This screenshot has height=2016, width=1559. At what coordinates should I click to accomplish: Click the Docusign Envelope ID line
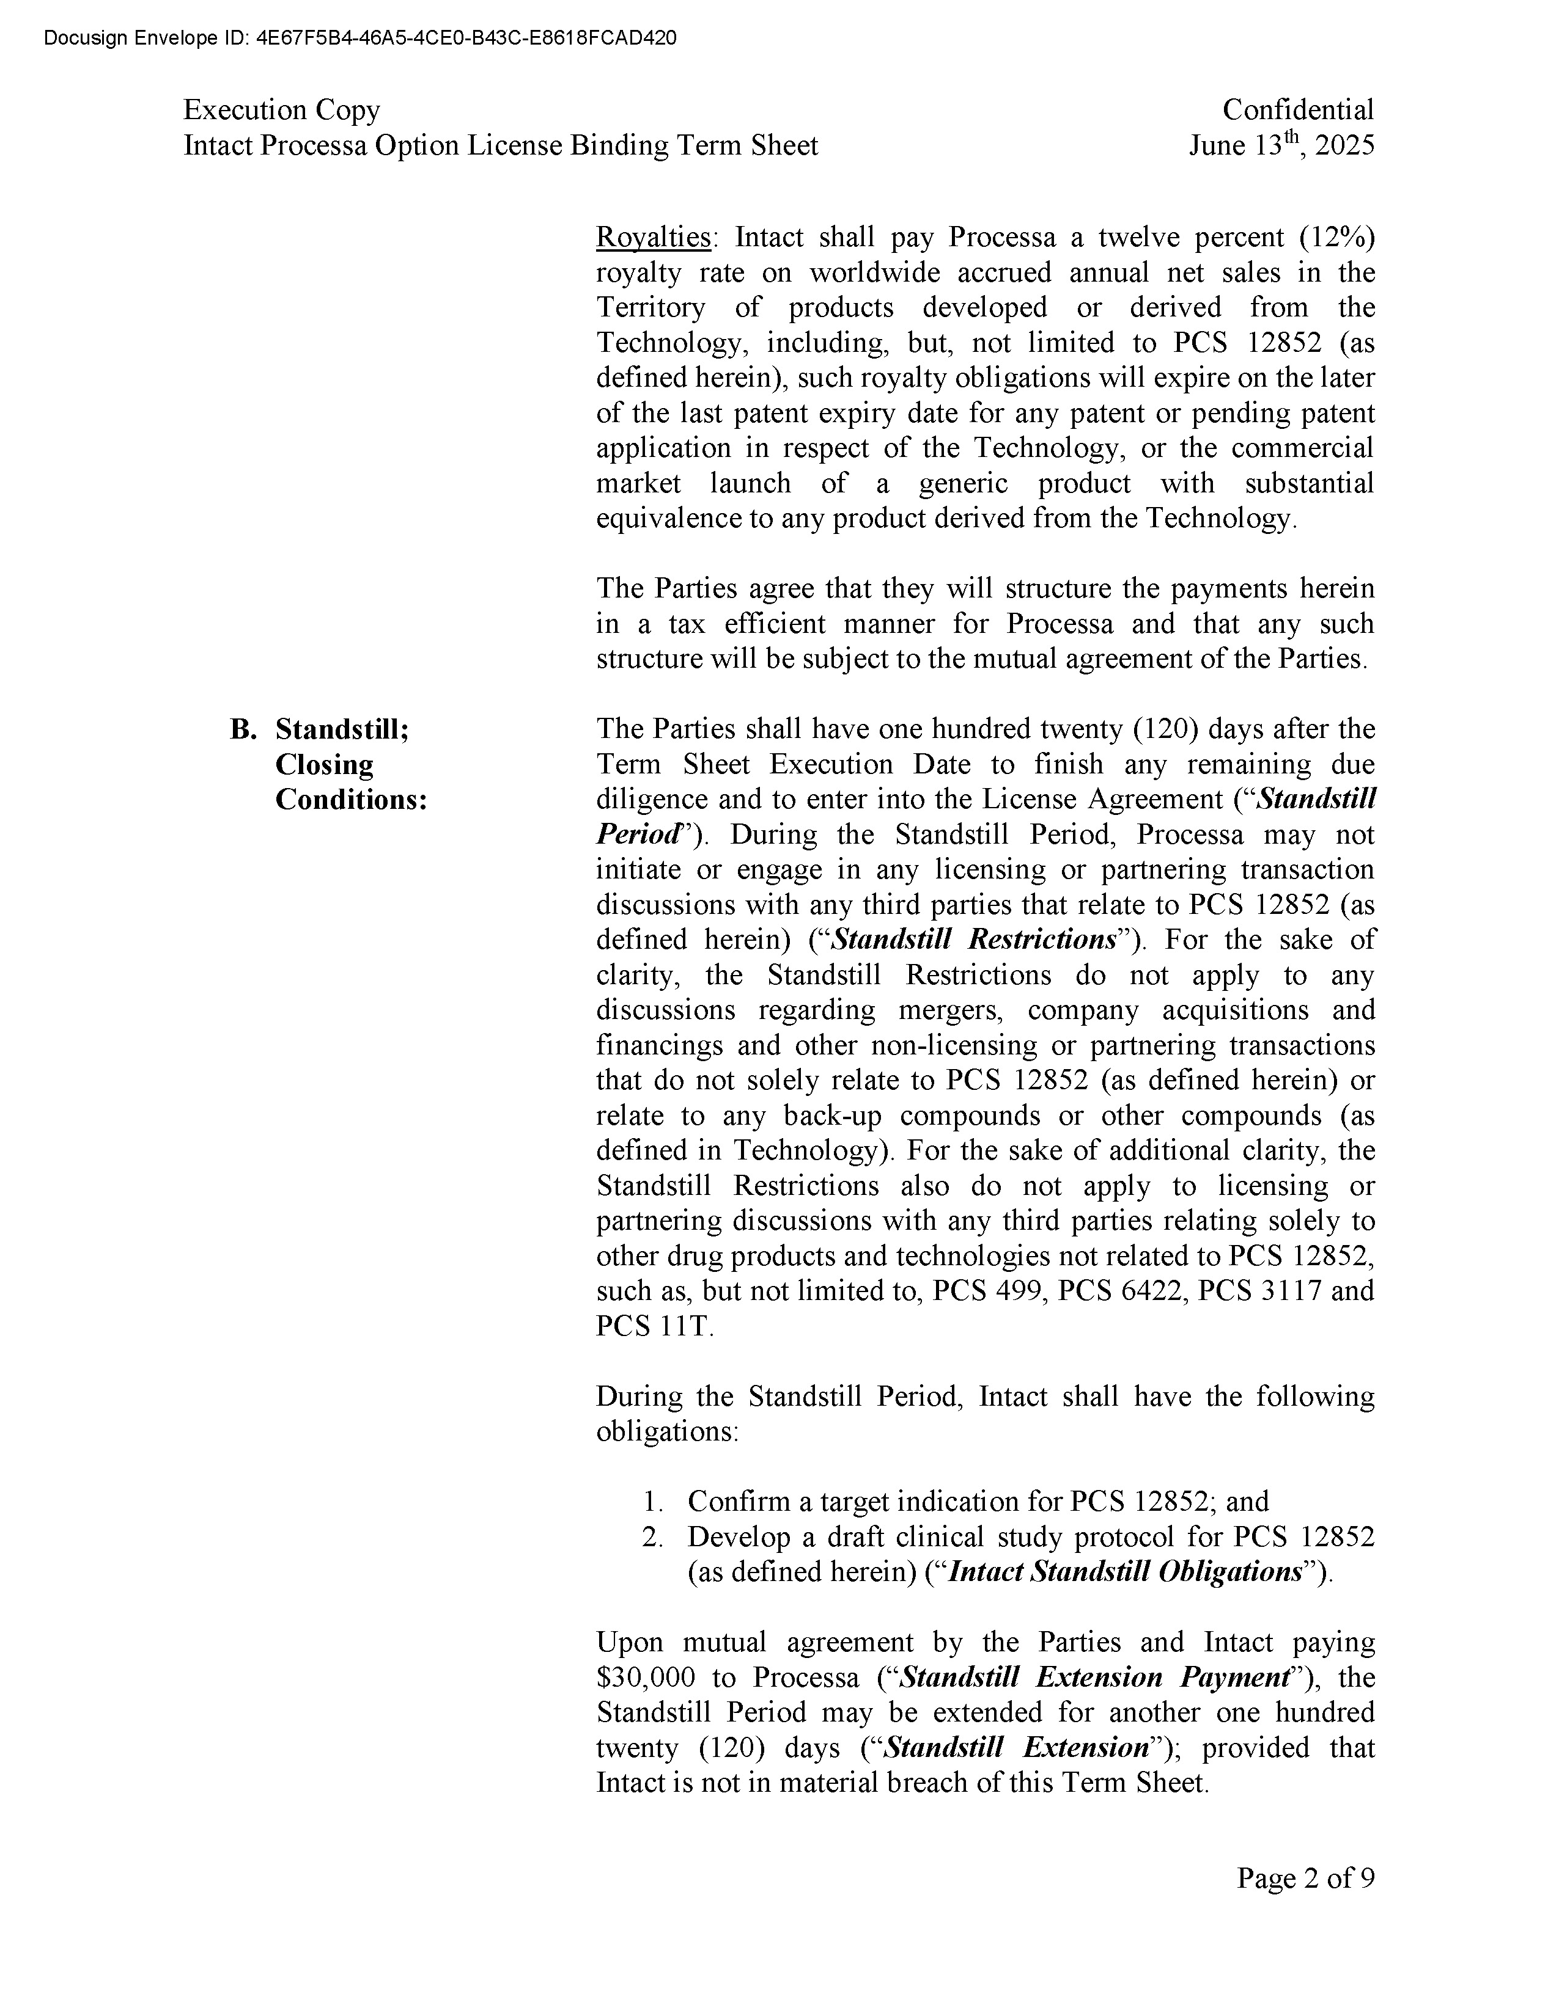point(360,38)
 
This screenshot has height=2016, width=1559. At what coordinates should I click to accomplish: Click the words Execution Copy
point(282,110)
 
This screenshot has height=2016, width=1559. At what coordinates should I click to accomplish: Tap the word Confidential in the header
point(1297,110)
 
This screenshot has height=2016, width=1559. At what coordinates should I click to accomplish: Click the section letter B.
point(242,729)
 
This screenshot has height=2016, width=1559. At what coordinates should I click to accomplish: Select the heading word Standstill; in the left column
point(342,729)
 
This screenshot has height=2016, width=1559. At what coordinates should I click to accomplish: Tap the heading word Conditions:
point(351,800)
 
